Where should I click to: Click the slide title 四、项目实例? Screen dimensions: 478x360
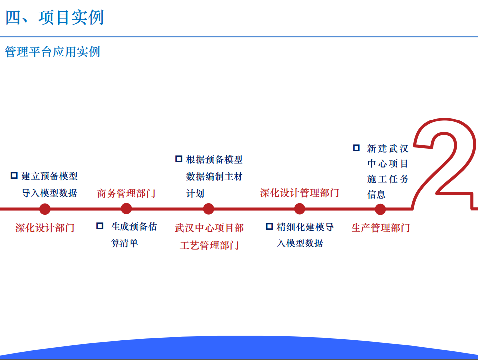(x=55, y=18)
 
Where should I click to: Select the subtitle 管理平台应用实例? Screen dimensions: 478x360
(x=52, y=52)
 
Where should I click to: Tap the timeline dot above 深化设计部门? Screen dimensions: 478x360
(x=45, y=209)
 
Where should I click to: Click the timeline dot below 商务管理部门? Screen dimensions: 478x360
(x=126, y=209)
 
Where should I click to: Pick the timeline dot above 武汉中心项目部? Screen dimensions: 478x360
(x=208, y=209)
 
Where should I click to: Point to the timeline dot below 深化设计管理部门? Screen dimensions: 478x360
(x=300, y=209)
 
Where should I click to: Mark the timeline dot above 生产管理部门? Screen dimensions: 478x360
(x=380, y=209)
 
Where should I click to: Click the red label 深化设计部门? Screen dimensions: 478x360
(x=45, y=228)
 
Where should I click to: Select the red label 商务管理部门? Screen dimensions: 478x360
(x=126, y=193)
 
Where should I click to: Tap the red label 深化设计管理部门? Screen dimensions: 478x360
(x=300, y=193)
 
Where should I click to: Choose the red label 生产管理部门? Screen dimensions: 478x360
(x=381, y=228)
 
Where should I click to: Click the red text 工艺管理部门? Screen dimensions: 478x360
(x=209, y=245)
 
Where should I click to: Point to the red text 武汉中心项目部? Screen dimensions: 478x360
(x=210, y=228)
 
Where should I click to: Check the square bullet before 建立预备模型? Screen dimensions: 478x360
(x=14, y=176)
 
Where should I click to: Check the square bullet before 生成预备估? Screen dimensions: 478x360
(x=100, y=226)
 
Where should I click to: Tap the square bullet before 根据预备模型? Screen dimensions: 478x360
(x=179, y=159)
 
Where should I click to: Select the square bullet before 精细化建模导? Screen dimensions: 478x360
(x=269, y=226)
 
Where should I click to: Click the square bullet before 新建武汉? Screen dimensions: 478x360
(x=357, y=148)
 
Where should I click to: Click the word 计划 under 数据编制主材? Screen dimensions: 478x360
(x=195, y=194)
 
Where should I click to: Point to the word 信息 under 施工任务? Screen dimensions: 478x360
(x=376, y=195)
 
